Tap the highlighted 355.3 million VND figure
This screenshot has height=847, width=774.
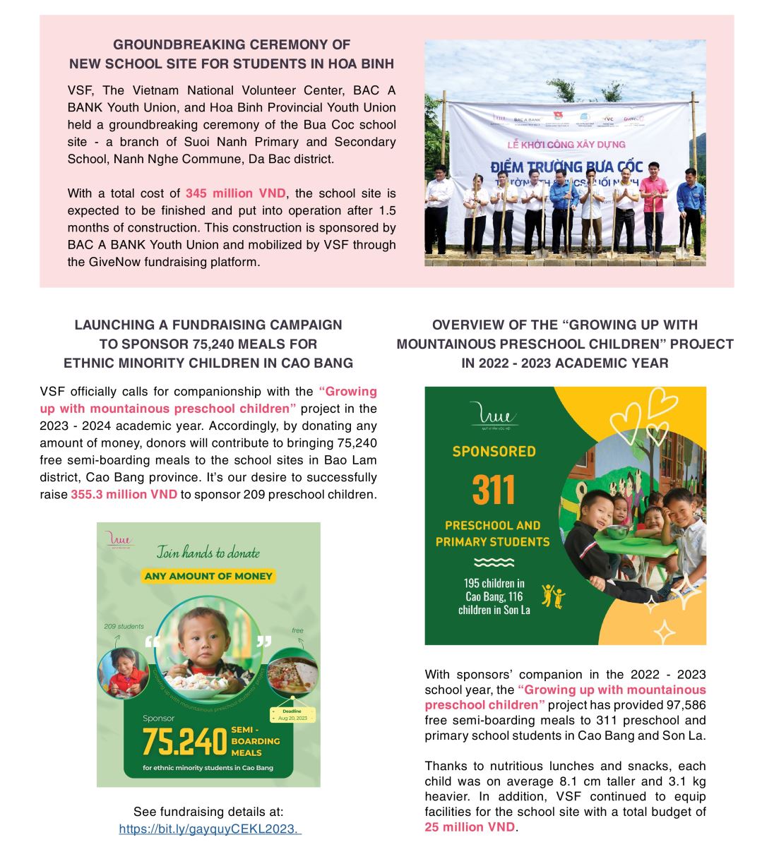click(x=124, y=495)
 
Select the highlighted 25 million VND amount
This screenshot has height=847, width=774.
click(x=470, y=827)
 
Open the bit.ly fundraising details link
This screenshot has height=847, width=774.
click(x=210, y=829)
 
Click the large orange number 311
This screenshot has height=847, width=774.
click(x=494, y=488)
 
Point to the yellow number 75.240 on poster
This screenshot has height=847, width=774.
click(x=184, y=741)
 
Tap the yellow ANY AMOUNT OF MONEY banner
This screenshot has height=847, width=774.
click(x=208, y=576)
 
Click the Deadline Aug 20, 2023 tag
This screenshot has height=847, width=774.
click(x=292, y=714)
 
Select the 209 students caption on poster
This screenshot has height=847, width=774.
click(x=124, y=626)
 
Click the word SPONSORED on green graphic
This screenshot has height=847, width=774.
click(x=494, y=451)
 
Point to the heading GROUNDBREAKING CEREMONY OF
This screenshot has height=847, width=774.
click(x=232, y=44)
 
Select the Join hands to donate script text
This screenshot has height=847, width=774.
click(x=208, y=552)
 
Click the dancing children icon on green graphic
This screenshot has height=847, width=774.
click(x=553, y=596)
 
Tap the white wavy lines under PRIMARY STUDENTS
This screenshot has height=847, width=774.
click(x=494, y=563)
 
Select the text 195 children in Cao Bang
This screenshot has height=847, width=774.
click(x=494, y=590)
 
